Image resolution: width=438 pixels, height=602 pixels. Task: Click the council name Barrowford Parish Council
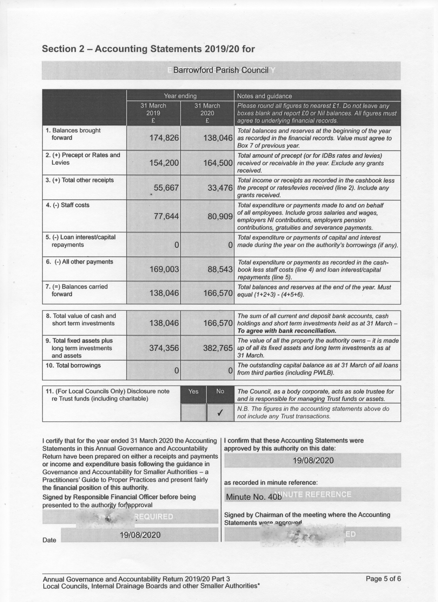[221, 70]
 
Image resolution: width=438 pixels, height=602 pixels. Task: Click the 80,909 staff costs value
[220, 217]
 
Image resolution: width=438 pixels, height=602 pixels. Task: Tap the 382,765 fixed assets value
[218, 348]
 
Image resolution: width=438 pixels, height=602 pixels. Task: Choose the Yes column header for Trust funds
[193, 391]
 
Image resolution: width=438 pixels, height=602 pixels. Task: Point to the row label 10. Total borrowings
[73, 365]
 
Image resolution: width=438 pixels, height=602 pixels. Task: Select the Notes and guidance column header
[264, 96]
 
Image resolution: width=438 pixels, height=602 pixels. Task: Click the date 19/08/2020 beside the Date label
[140, 535]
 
